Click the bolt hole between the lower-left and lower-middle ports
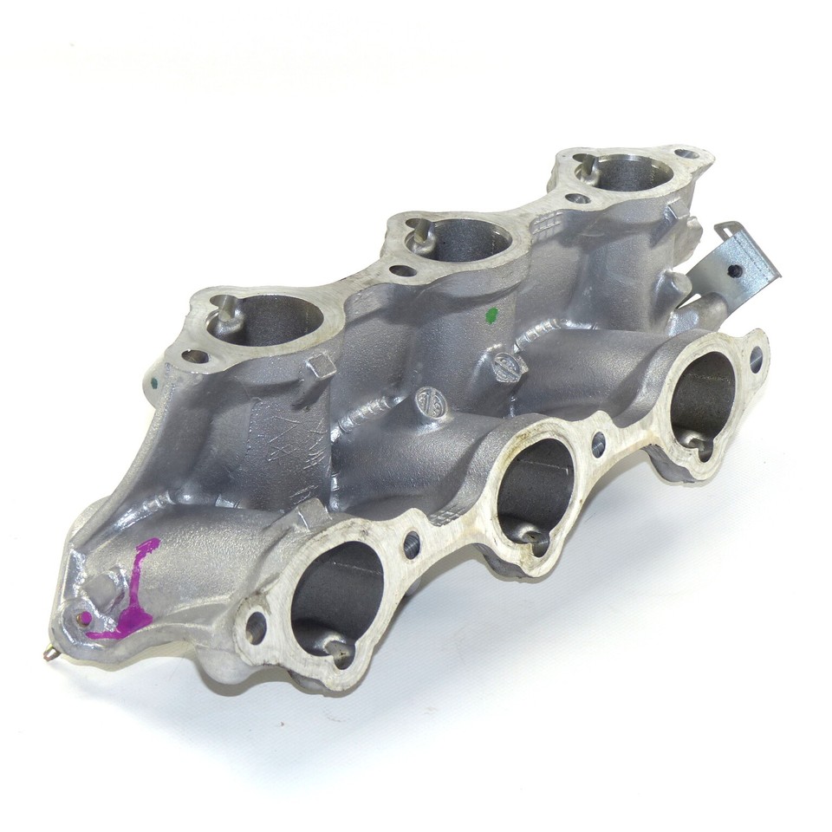[x=411, y=544]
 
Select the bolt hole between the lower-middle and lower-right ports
[x=597, y=445]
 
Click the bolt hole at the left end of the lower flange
[x=257, y=627]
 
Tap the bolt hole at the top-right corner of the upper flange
[x=687, y=155]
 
